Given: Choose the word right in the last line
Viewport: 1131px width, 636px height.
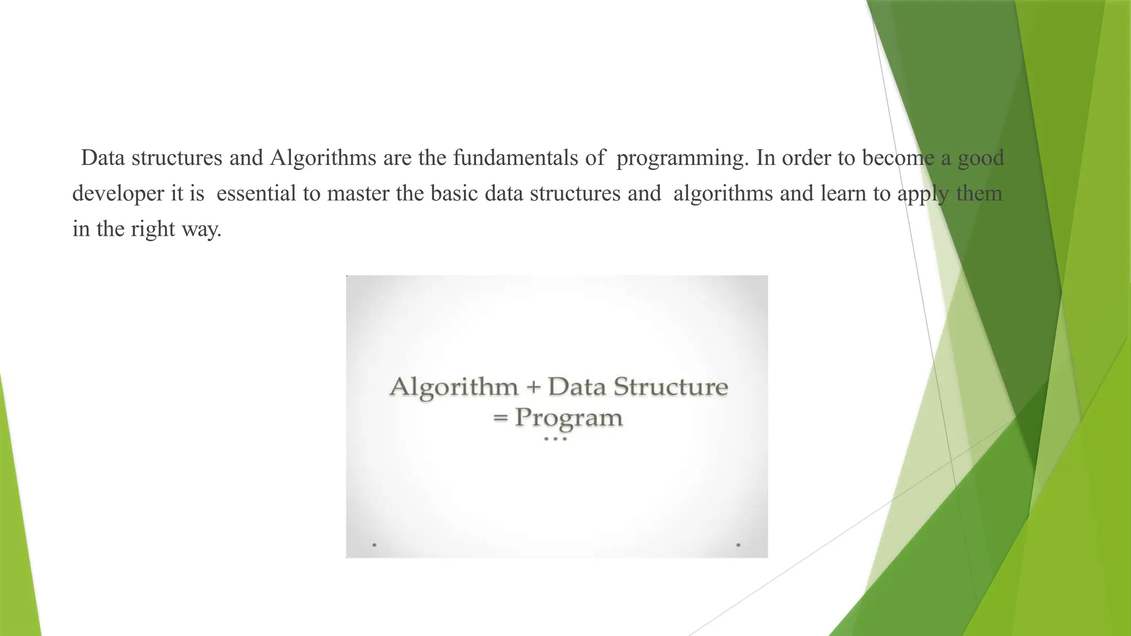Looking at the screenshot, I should (153, 230).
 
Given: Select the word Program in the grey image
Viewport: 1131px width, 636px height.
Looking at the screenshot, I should (568, 418).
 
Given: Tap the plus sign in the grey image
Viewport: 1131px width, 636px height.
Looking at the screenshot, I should (533, 386).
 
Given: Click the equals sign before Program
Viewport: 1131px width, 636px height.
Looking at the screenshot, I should (500, 418).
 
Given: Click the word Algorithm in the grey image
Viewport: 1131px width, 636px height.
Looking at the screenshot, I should (454, 386).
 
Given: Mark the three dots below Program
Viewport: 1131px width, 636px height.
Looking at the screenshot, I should (555, 439).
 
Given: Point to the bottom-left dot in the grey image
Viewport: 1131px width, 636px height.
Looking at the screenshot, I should (374, 545).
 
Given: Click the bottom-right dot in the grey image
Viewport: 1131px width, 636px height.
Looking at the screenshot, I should (738, 545).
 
